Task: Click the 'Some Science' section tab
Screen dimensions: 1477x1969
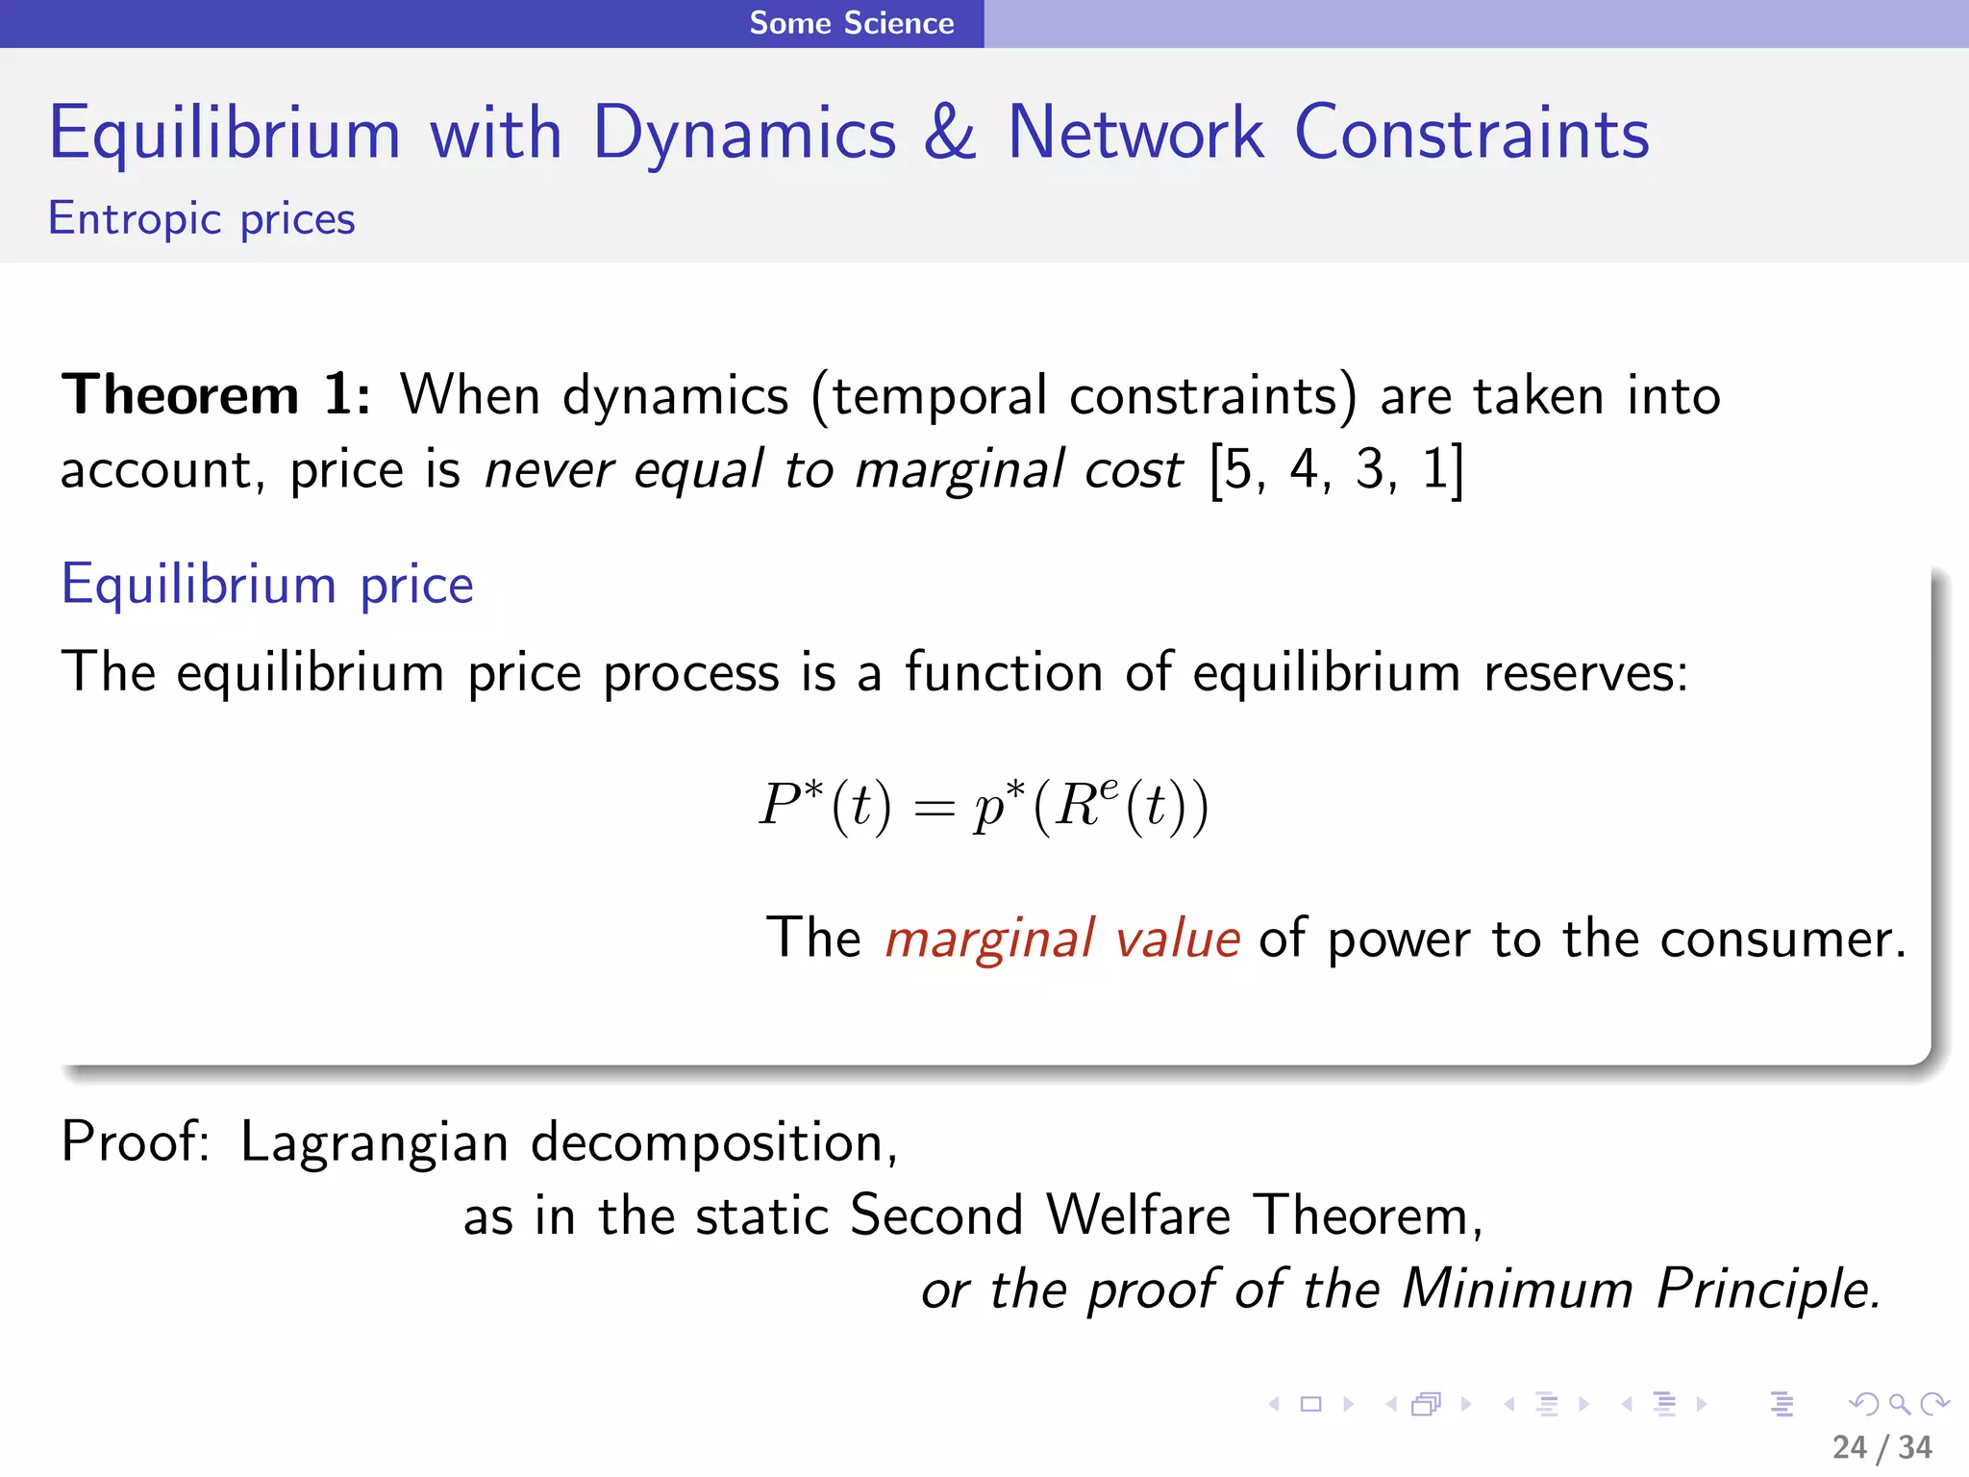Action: [852, 23]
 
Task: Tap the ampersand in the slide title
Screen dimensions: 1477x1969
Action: [950, 133]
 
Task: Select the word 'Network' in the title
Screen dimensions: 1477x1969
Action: [1134, 133]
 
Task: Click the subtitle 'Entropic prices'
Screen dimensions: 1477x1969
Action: [202, 219]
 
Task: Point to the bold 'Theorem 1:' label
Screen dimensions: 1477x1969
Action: [215, 395]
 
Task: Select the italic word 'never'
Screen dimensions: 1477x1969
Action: [548, 470]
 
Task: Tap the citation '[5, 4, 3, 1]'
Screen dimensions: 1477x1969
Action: [1336, 470]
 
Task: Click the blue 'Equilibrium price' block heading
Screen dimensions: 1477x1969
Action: [267, 585]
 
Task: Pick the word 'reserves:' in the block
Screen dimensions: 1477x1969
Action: [1585, 672]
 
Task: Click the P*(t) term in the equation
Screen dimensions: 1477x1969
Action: [825, 805]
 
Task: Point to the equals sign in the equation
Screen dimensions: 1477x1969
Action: [934, 809]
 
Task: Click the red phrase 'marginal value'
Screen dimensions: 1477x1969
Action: [1062, 939]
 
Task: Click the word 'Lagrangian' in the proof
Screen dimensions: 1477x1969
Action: [374, 1142]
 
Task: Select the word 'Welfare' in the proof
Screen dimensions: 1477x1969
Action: [1138, 1215]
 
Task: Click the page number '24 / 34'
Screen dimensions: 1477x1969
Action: [1882, 1447]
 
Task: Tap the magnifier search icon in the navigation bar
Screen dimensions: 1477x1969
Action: [1899, 1404]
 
